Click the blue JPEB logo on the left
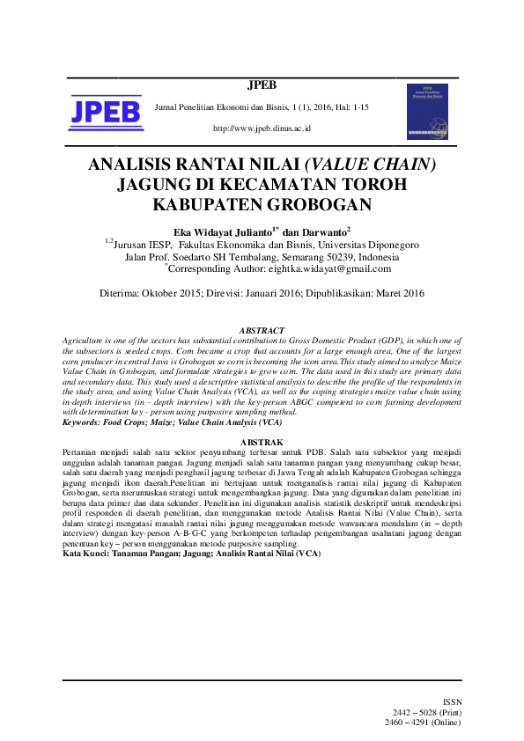pos(106,112)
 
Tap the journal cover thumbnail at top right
pos(427,112)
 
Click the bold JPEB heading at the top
pos(262,85)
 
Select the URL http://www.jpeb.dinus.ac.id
pos(262,128)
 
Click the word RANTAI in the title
pos(217,165)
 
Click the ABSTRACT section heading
pos(262,331)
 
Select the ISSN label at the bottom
pos(451,701)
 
